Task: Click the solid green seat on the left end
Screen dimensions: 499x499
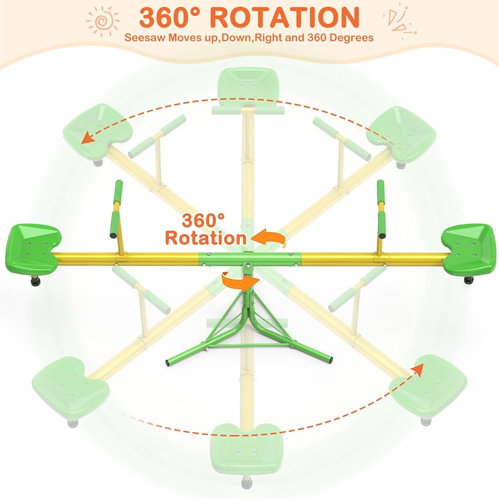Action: (x=32, y=247)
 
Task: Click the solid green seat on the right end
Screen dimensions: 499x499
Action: (x=468, y=247)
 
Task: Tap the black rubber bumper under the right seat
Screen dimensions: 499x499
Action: (x=469, y=280)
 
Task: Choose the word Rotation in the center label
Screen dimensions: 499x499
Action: (x=206, y=238)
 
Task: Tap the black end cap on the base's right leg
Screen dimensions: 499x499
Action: (x=330, y=359)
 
